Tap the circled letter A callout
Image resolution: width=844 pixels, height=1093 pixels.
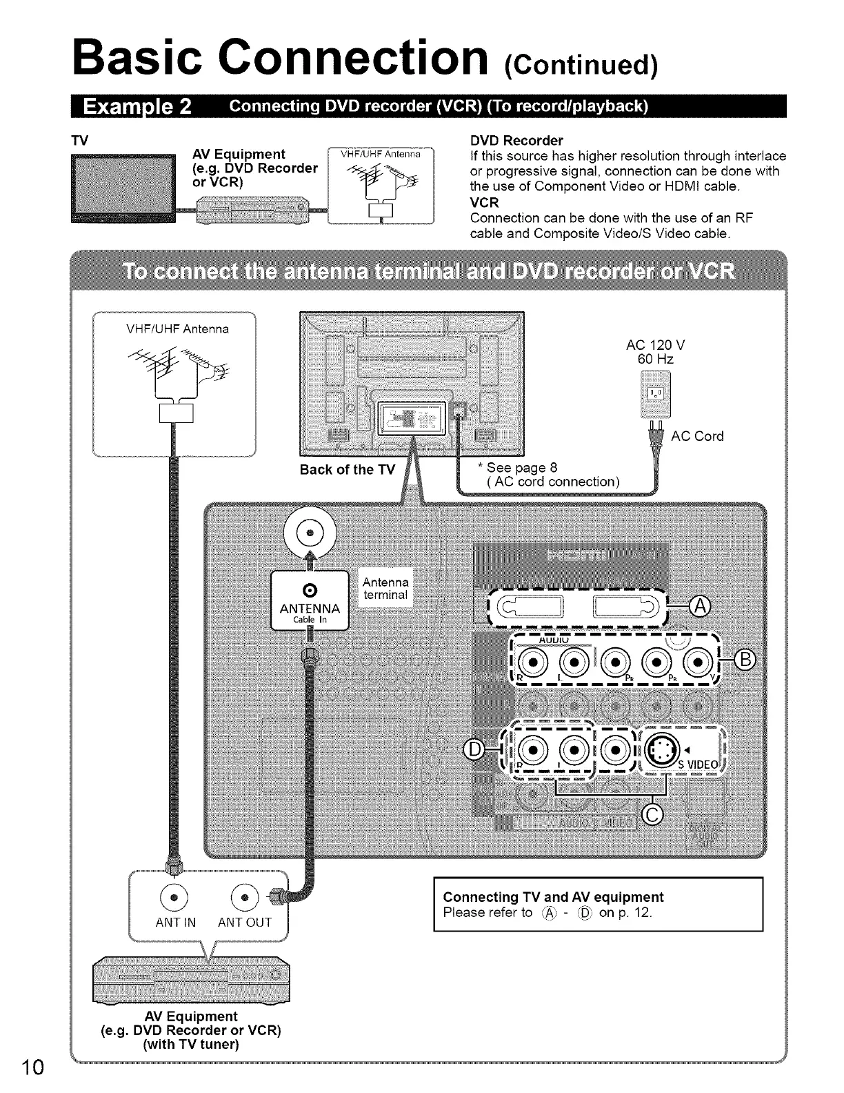[x=699, y=607]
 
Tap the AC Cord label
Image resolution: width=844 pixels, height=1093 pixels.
[x=697, y=436]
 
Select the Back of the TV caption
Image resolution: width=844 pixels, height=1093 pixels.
[x=347, y=470]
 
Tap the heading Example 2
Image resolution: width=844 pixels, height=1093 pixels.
[x=137, y=108]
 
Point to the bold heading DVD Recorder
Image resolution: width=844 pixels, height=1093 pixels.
[x=516, y=141]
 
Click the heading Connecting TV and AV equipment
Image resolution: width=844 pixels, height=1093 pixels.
[x=553, y=897]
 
